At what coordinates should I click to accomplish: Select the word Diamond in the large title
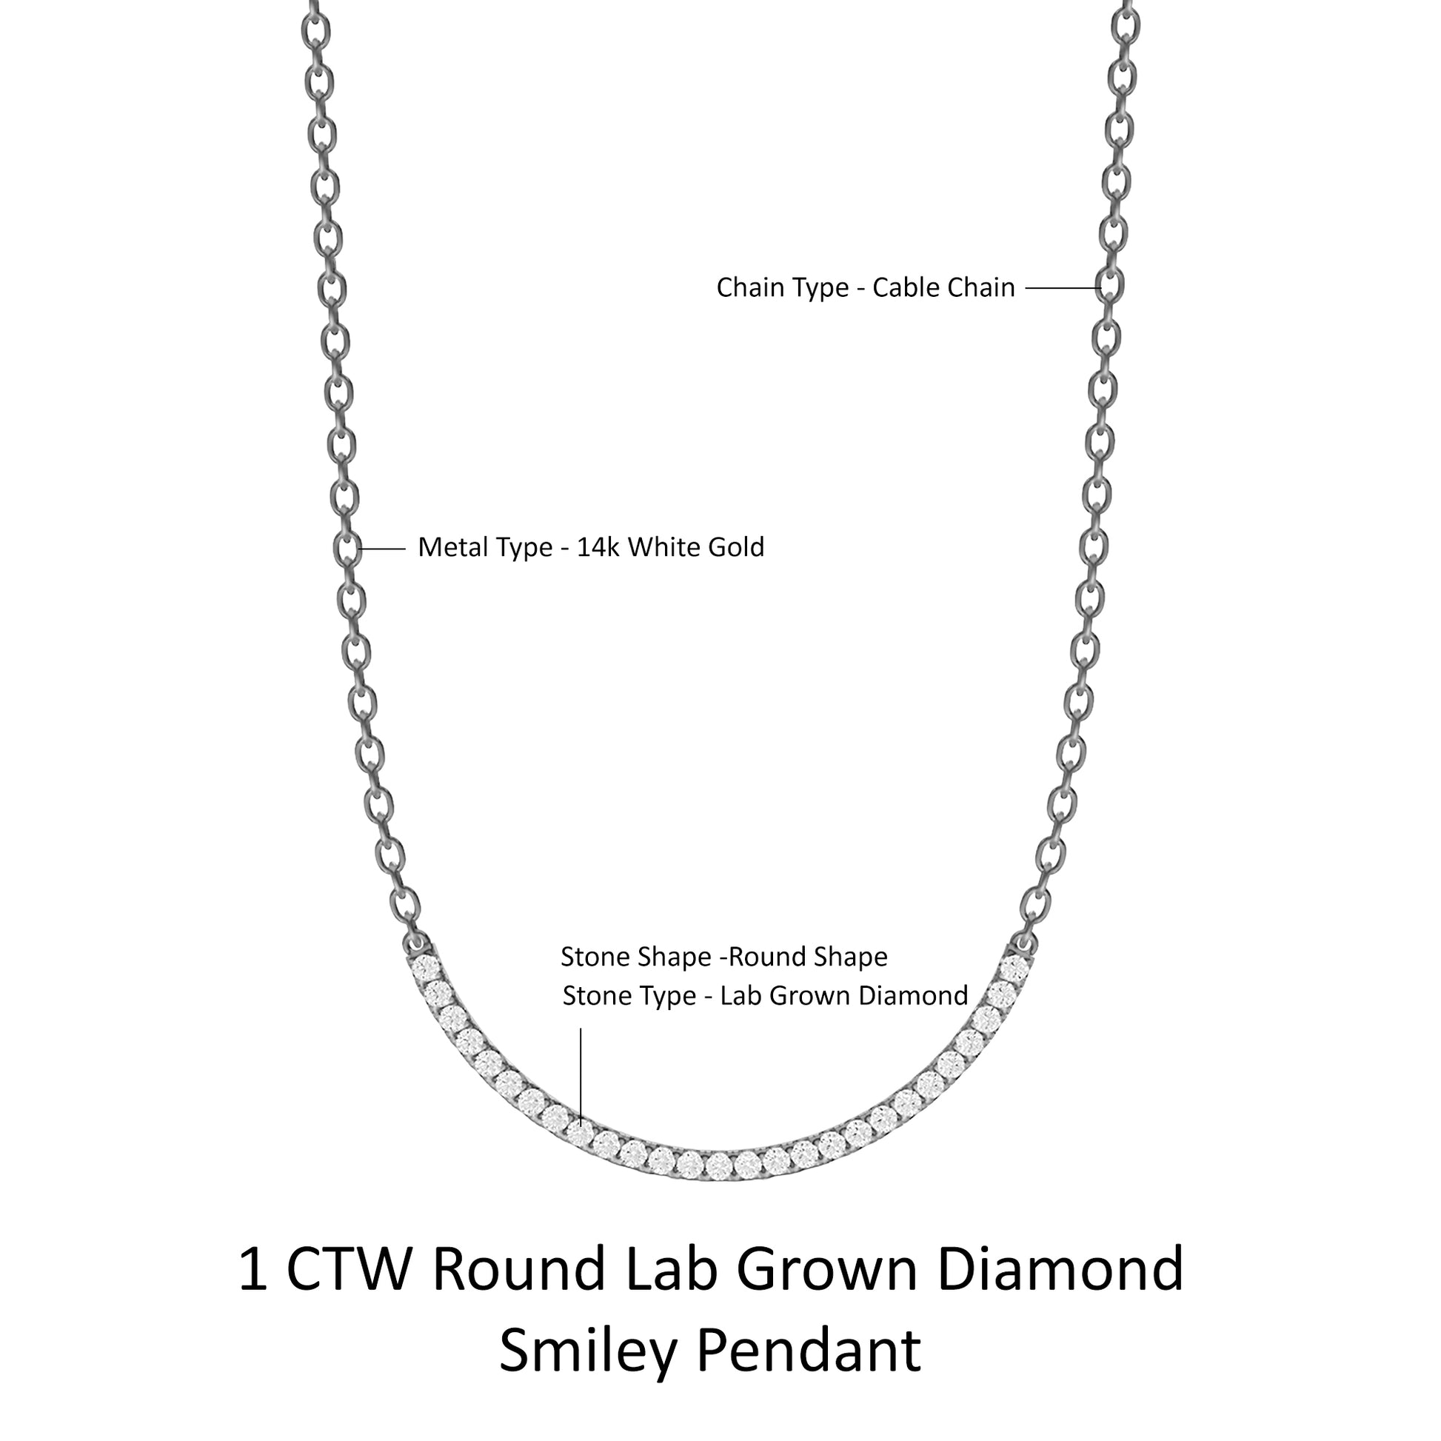pyautogui.click(x=1062, y=1268)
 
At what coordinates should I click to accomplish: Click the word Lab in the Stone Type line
pyautogui.click(x=741, y=996)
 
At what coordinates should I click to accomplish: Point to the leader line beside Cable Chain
pyautogui.click(x=1063, y=289)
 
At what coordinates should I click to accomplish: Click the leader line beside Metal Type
pyautogui.click(x=383, y=549)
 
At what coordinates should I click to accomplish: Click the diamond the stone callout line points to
pyautogui.click(x=579, y=1134)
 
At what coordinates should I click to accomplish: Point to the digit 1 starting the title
pyautogui.click(x=253, y=1268)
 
